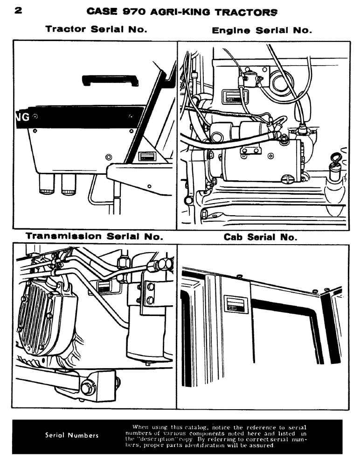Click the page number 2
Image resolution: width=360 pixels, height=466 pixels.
[18, 10]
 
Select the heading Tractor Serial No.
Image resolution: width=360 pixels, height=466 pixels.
[96, 29]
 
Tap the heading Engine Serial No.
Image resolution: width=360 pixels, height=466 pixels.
[262, 31]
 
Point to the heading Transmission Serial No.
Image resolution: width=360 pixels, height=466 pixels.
[94, 236]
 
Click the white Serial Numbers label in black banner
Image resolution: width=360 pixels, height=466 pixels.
[72, 436]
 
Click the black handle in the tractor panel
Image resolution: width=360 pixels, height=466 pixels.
[110, 80]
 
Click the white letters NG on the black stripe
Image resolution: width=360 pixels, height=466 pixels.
[23, 117]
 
